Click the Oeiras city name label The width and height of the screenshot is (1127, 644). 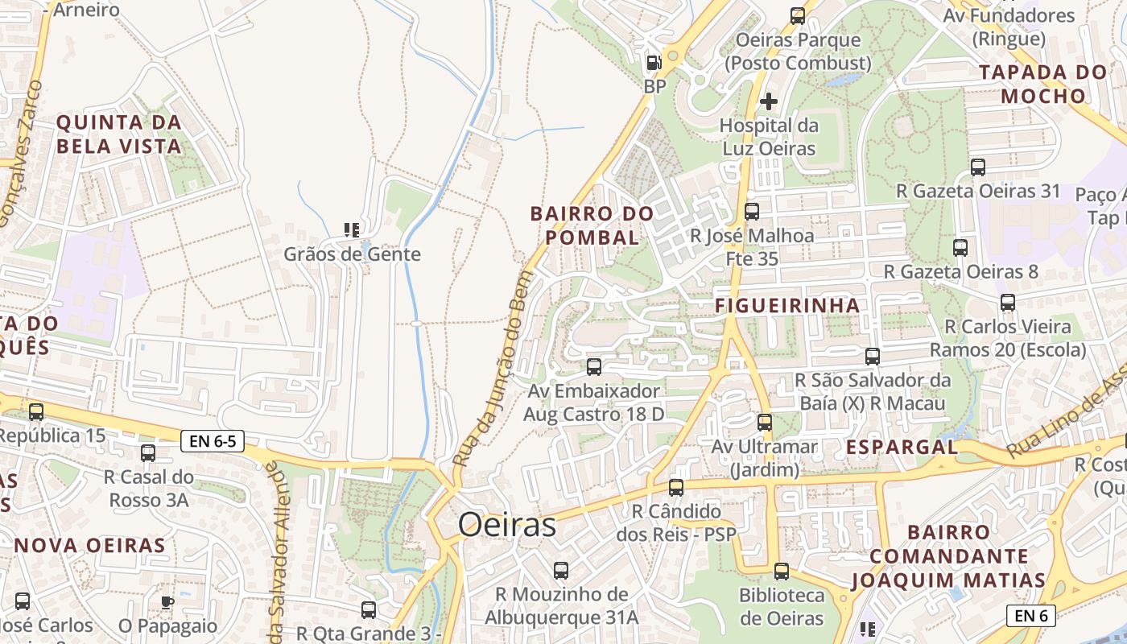(x=507, y=525)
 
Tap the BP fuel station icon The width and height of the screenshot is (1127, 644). (x=654, y=62)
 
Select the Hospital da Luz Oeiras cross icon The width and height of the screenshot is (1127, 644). (x=769, y=101)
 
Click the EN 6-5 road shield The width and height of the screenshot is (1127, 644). (x=213, y=440)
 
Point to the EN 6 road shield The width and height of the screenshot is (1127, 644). (x=1030, y=616)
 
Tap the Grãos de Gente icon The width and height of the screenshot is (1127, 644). (x=352, y=230)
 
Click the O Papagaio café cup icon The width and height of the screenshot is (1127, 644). (x=167, y=601)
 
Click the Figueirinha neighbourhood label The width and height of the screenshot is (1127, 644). (x=787, y=306)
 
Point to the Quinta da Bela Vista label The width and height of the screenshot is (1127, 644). (x=118, y=134)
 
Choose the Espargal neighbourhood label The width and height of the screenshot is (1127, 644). (x=902, y=447)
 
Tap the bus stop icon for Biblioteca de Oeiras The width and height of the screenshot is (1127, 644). (x=782, y=572)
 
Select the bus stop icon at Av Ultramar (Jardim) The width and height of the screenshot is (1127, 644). (x=765, y=422)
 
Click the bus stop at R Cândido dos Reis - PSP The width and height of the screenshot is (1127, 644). (x=676, y=487)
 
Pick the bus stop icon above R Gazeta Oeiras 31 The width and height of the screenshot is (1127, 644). (x=978, y=167)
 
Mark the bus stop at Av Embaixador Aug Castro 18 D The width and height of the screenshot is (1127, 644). (x=594, y=367)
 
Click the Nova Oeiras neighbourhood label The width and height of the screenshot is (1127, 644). (x=89, y=545)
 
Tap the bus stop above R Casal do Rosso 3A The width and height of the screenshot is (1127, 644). (x=148, y=452)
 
